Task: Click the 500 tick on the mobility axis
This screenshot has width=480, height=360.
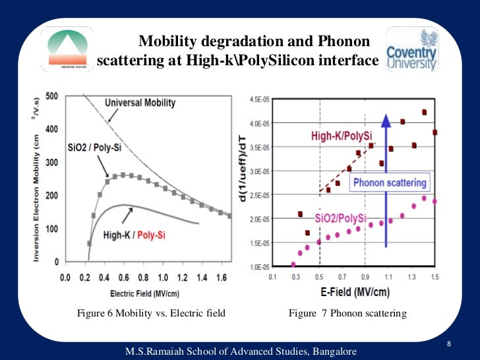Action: click(x=52, y=96)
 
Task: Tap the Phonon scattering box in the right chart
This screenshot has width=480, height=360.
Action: click(x=390, y=183)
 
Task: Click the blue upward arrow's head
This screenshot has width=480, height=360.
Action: click(x=386, y=121)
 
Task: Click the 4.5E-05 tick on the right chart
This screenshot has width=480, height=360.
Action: click(x=258, y=100)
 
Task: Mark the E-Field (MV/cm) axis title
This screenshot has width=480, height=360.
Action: click(x=352, y=291)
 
